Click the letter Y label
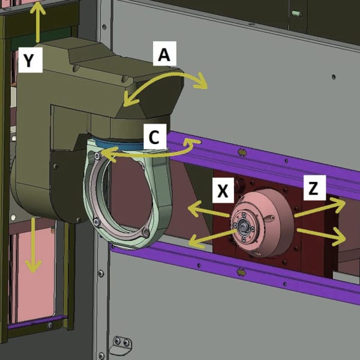31,60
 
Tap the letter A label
164,54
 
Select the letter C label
155,136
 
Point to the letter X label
223,190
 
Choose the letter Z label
314,188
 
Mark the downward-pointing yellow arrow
34,245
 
